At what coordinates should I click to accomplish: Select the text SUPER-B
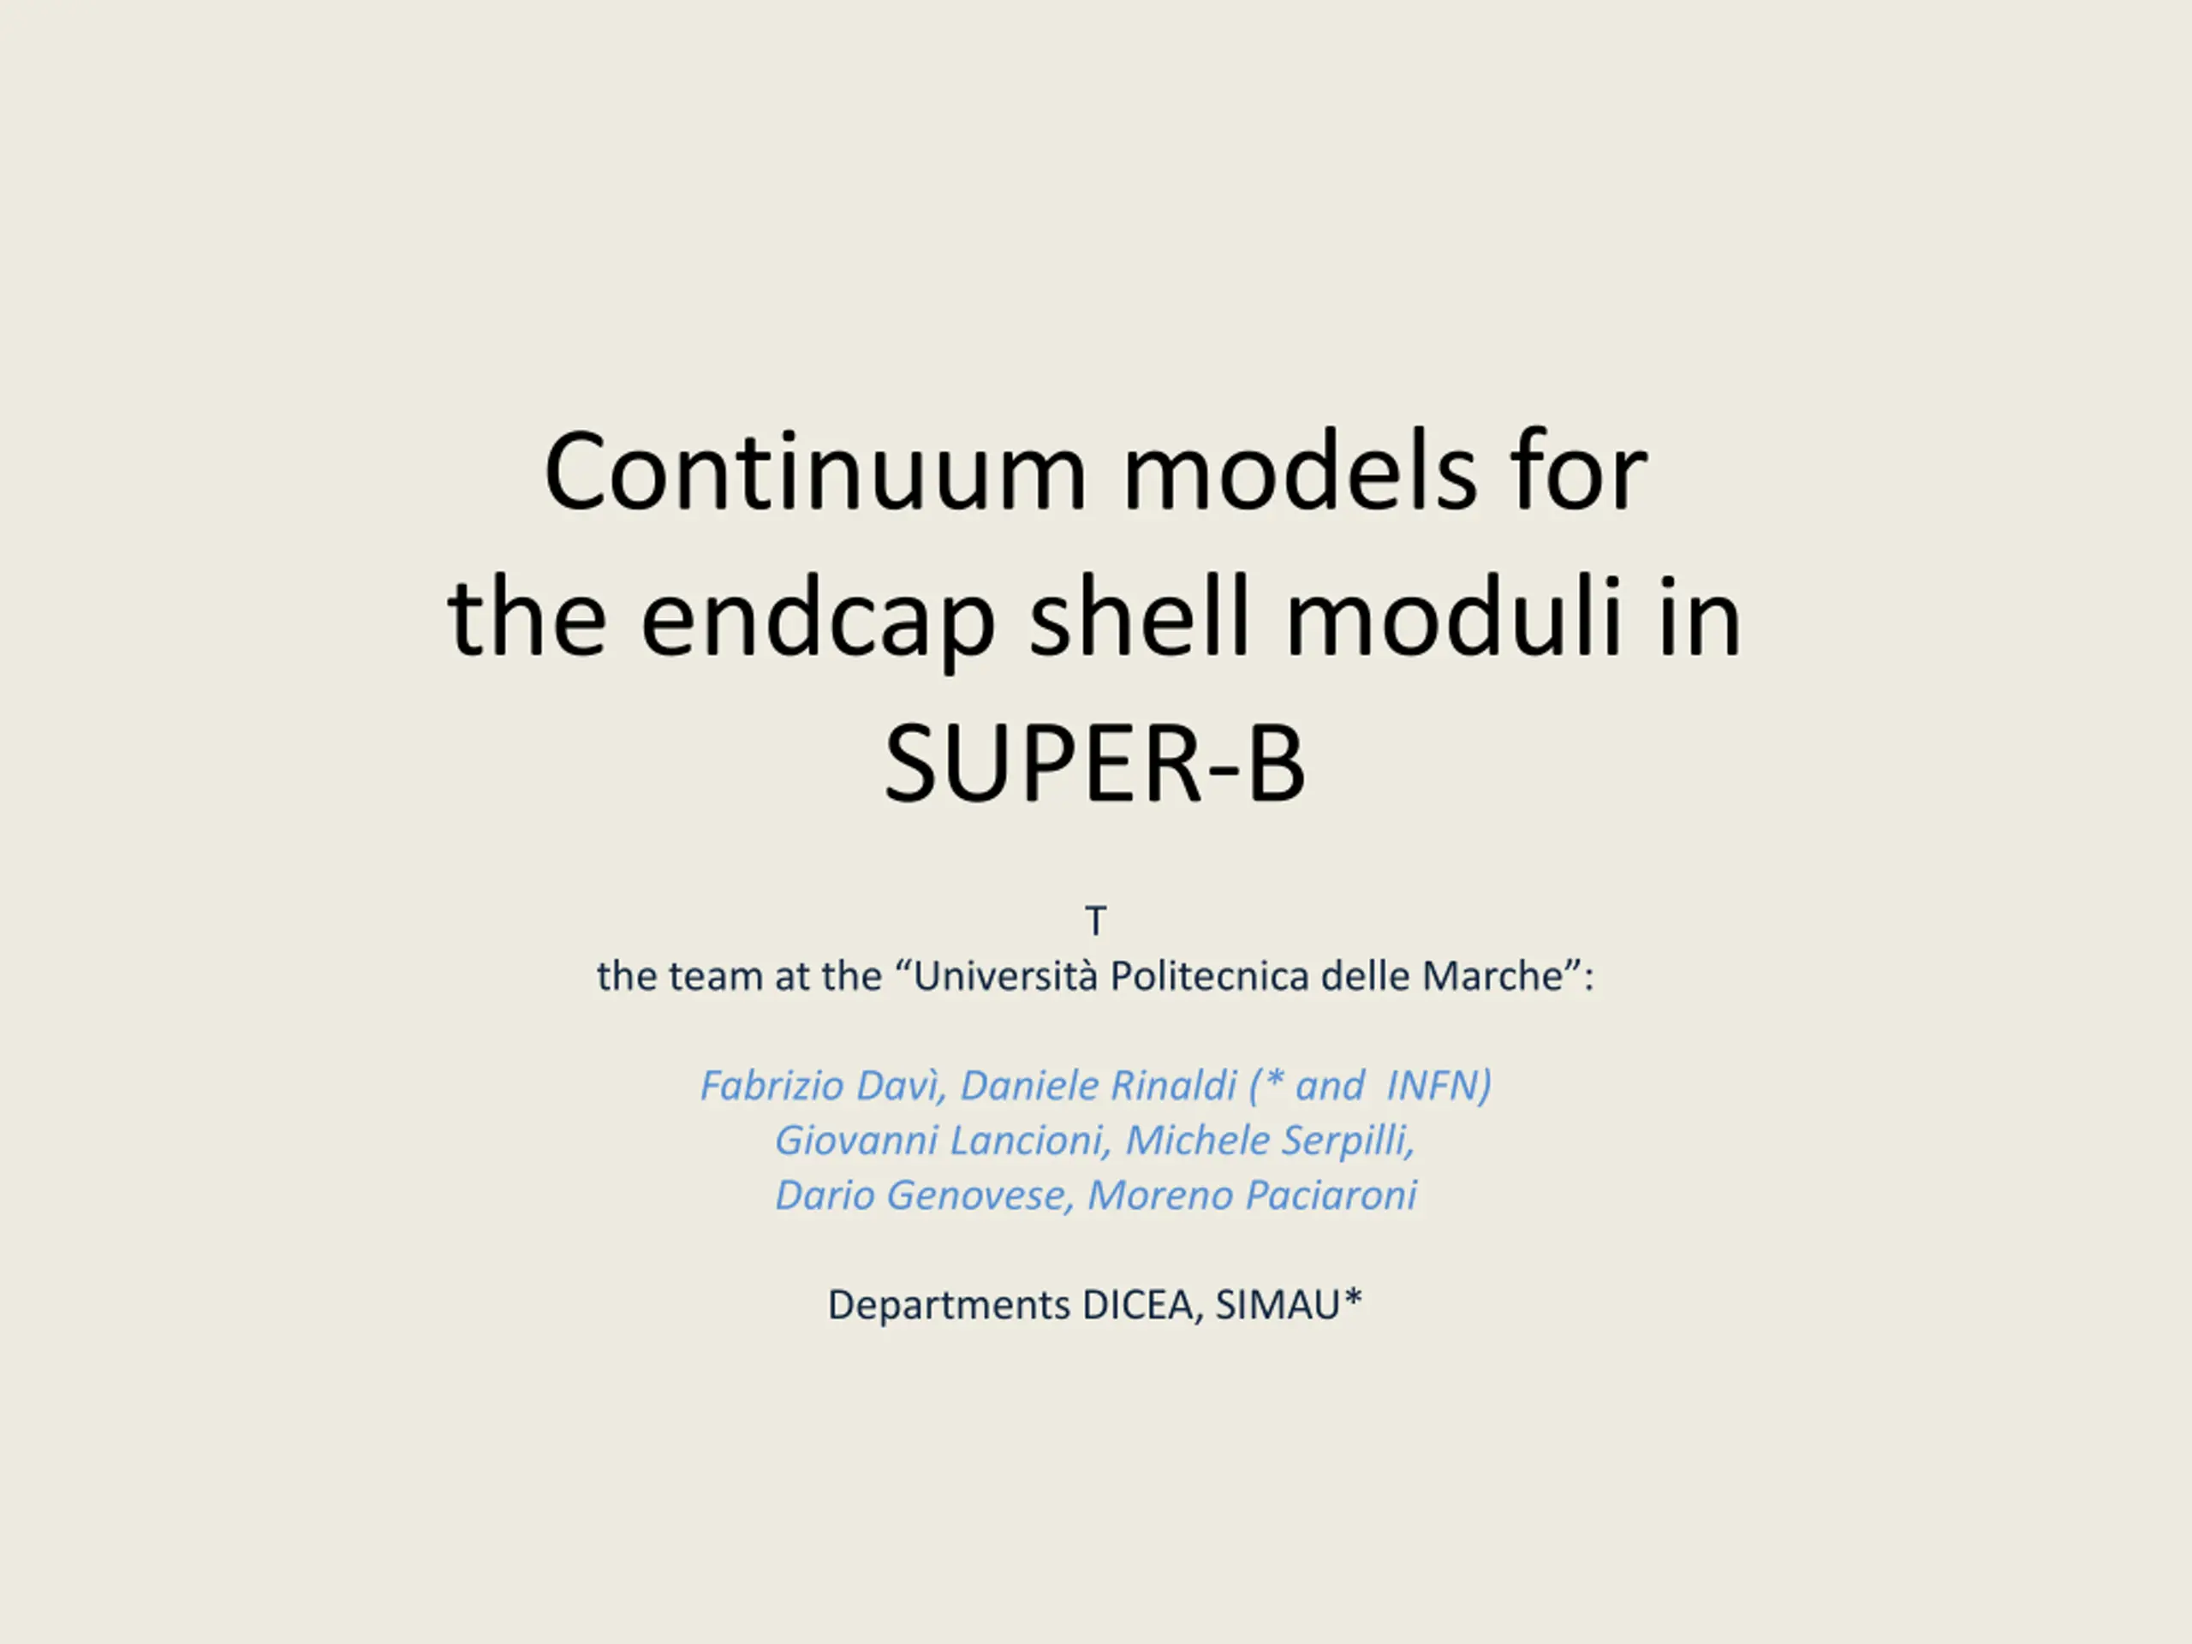[x=1095, y=764]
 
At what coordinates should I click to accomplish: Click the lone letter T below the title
[x=1095, y=921]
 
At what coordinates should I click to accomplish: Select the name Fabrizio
[x=771, y=1085]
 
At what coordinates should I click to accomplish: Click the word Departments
[x=949, y=1305]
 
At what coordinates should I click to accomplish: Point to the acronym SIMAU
[x=1278, y=1305]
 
